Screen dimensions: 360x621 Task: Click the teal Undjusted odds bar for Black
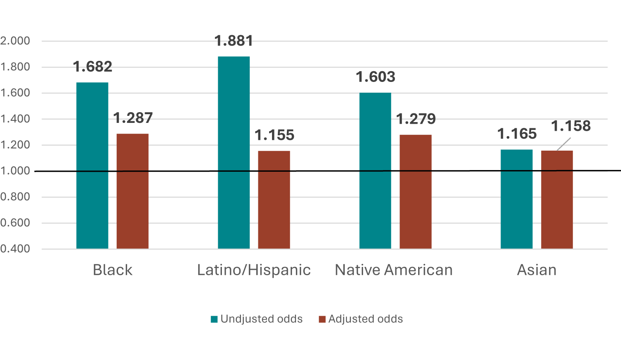(x=92, y=166)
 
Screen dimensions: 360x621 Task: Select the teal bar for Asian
(x=517, y=199)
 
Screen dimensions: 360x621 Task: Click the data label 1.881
(x=234, y=41)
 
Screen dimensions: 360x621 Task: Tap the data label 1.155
(x=274, y=135)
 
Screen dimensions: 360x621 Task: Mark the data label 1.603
(x=375, y=77)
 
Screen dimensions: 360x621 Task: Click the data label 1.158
(x=571, y=126)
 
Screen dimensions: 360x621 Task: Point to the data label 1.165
(x=517, y=134)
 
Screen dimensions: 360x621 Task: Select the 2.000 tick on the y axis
(x=15, y=41)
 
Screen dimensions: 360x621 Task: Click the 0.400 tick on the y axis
(x=15, y=249)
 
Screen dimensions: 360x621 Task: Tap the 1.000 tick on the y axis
(x=15, y=171)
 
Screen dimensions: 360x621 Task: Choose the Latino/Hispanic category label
(x=254, y=270)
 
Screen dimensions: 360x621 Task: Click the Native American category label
(x=394, y=270)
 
